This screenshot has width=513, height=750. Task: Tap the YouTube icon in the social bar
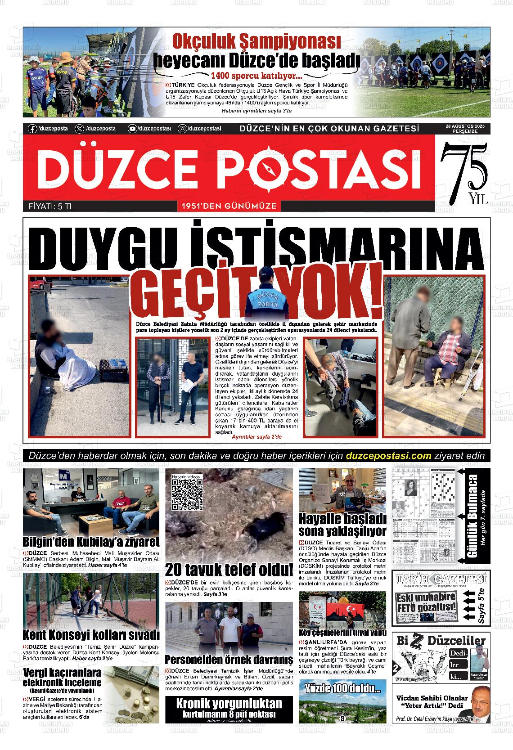point(132,129)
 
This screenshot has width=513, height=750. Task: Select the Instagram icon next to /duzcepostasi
point(183,129)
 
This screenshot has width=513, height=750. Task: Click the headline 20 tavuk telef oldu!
point(229,570)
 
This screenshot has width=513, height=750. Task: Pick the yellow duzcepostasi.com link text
point(389,455)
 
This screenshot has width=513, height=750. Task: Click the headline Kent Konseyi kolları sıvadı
point(91,635)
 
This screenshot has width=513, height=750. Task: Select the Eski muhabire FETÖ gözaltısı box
point(426,603)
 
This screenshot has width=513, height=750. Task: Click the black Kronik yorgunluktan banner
point(229,708)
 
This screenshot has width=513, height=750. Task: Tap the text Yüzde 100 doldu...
point(343,688)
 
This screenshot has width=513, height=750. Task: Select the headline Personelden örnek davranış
point(229,660)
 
